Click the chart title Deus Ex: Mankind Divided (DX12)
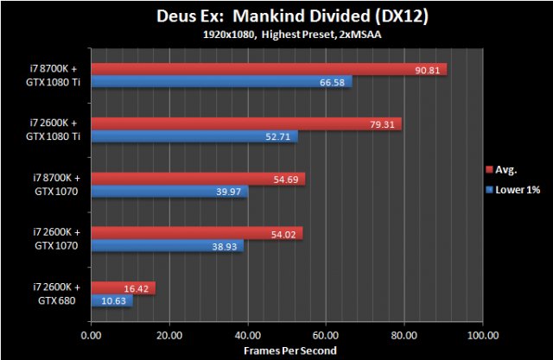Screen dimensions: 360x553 (x=276, y=16)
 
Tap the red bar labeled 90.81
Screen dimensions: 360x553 (x=268, y=69)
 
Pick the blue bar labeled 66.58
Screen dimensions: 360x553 (x=220, y=82)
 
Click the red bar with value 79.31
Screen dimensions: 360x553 (x=245, y=123)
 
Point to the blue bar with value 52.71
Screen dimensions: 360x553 (x=194, y=136)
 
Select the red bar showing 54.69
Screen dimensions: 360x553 (x=197, y=178)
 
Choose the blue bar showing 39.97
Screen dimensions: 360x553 (x=168, y=191)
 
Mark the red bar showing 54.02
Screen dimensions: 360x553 (x=196, y=232)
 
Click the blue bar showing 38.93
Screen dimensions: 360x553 (x=166, y=245)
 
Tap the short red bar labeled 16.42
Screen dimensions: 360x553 (x=122, y=287)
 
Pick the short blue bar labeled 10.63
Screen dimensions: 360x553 (x=111, y=300)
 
